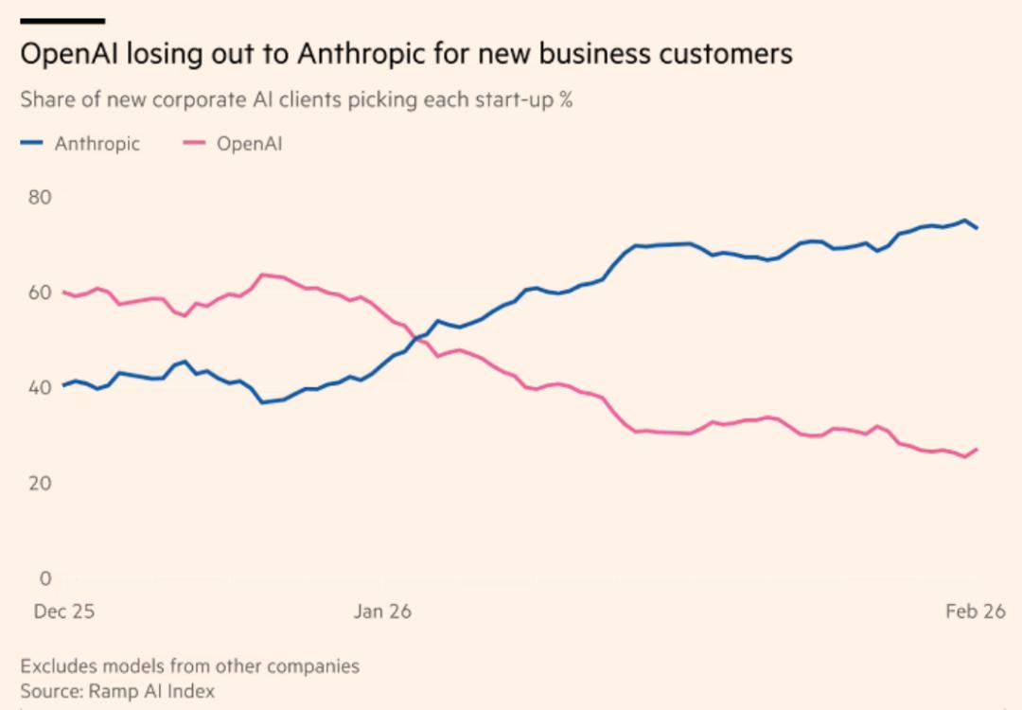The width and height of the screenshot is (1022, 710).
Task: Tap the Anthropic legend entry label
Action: click(97, 144)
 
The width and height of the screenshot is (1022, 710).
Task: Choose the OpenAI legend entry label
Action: click(250, 144)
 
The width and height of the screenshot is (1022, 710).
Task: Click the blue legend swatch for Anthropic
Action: click(32, 144)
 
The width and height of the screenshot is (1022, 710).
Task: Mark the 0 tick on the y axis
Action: click(45, 578)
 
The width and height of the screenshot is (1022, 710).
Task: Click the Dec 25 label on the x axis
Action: click(64, 612)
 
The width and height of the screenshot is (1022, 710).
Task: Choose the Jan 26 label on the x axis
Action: click(382, 612)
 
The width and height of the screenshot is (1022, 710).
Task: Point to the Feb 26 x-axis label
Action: click(976, 612)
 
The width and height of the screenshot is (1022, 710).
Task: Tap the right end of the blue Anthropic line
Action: click(977, 228)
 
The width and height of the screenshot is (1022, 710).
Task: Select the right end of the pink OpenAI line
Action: click(977, 449)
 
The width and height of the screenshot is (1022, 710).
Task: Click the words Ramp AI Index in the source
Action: click(151, 691)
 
